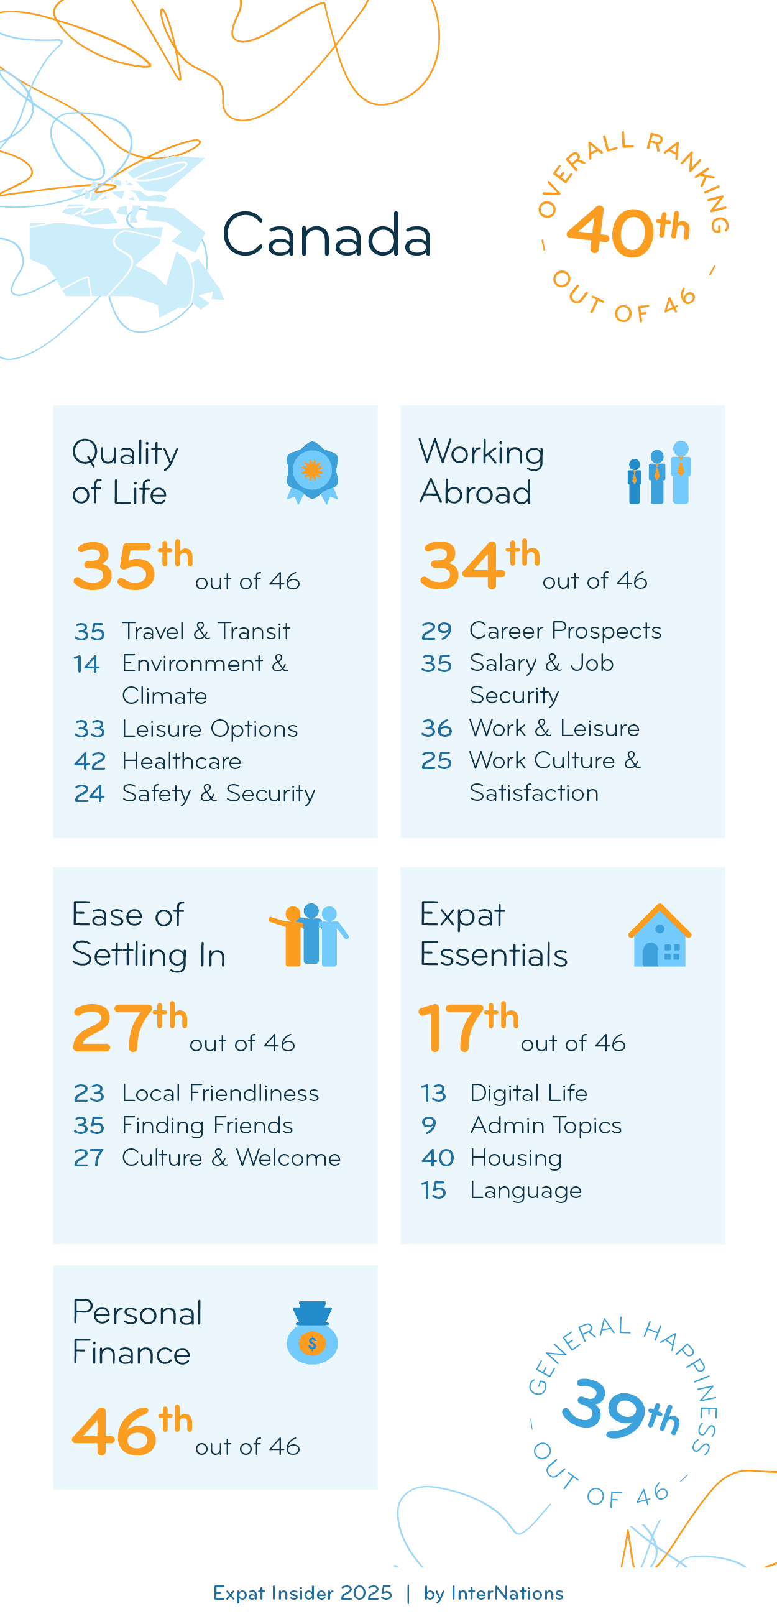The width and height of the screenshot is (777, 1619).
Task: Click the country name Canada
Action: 326,235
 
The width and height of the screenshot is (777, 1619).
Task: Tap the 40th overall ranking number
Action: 627,231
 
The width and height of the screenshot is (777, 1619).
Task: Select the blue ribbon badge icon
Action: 312,472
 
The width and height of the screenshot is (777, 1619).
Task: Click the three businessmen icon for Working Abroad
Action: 659,473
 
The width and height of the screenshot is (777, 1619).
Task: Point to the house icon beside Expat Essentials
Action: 660,935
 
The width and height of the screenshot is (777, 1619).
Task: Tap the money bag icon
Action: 312,1332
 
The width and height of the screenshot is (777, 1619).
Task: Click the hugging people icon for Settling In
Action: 309,935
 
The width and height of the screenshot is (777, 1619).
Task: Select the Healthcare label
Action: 182,761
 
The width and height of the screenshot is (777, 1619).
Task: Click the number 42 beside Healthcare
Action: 89,761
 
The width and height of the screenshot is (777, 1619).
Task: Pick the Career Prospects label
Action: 564,630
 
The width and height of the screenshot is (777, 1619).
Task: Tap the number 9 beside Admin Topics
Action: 428,1125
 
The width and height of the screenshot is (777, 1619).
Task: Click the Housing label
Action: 516,1158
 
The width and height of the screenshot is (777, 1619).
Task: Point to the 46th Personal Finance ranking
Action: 132,1431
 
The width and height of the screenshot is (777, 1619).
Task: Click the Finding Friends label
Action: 207,1125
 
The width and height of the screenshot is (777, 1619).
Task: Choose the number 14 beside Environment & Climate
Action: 86,663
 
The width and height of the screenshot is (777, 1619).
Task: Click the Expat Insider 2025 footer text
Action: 302,1594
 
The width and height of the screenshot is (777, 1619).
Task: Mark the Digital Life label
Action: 528,1093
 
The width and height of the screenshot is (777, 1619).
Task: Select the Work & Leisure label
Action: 554,728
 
